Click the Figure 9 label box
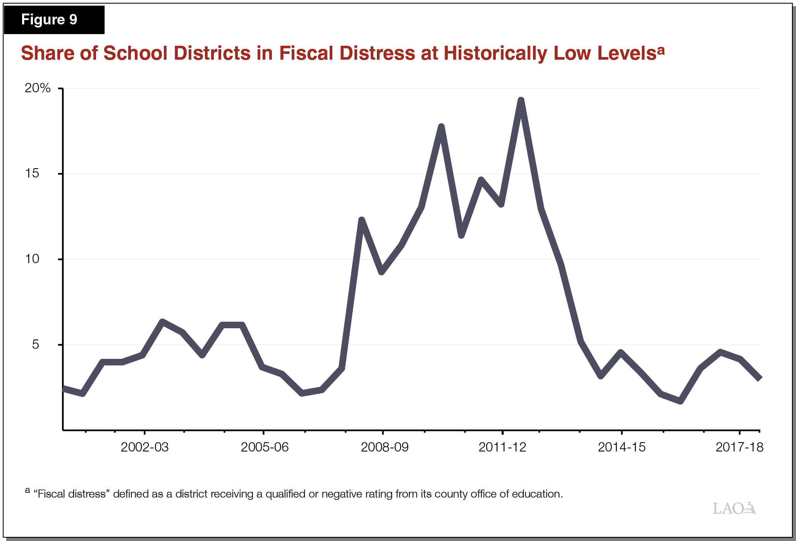54,19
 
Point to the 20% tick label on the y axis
38,88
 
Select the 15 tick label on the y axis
32,173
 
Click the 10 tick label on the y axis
32,259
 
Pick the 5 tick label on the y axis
36,344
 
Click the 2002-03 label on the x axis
144,447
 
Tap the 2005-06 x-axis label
265,447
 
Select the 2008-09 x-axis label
384,447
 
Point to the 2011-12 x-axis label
502,447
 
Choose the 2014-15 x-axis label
622,447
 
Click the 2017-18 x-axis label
739,447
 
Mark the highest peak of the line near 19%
521,101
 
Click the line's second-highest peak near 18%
441,127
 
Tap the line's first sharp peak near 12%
361,220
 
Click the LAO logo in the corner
734,508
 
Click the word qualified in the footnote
285,494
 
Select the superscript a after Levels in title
661,50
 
